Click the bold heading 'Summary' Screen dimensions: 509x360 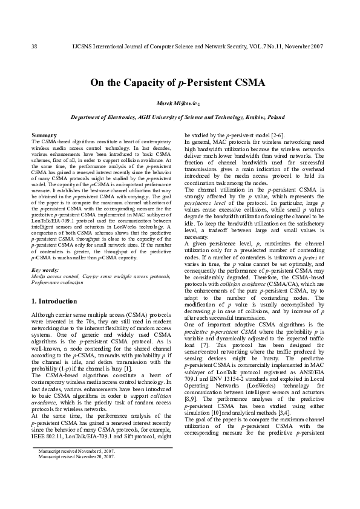[44, 135]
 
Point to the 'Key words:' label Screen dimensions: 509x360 [45, 270]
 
